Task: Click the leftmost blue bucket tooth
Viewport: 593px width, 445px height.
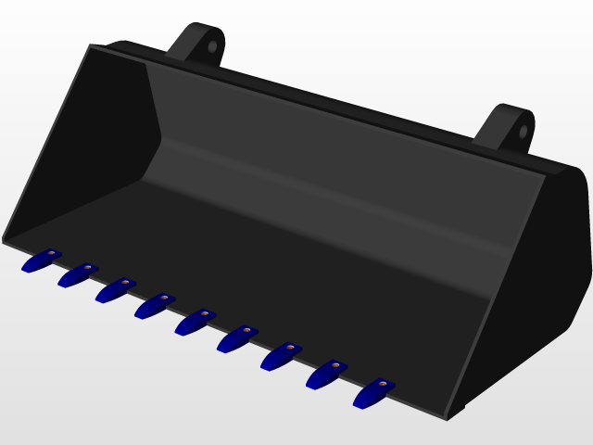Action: [x=41, y=261]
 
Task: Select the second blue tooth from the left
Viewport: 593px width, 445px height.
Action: [x=76, y=275]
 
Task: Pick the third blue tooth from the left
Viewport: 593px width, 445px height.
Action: [x=114, y=290]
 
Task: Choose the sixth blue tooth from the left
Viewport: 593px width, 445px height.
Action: [x=236, y=338]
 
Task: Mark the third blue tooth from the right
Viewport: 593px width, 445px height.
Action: [x=280, y=355]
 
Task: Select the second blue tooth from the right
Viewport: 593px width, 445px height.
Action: [x=325, y=374]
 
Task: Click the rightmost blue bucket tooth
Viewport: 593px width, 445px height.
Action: [x=372, y=392]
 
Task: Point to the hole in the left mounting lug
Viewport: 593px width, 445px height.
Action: [x=212, y=45]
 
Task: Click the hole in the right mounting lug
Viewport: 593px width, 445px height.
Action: [x=523, y=131]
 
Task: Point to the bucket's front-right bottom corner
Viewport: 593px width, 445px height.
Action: [x=449, y=415]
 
